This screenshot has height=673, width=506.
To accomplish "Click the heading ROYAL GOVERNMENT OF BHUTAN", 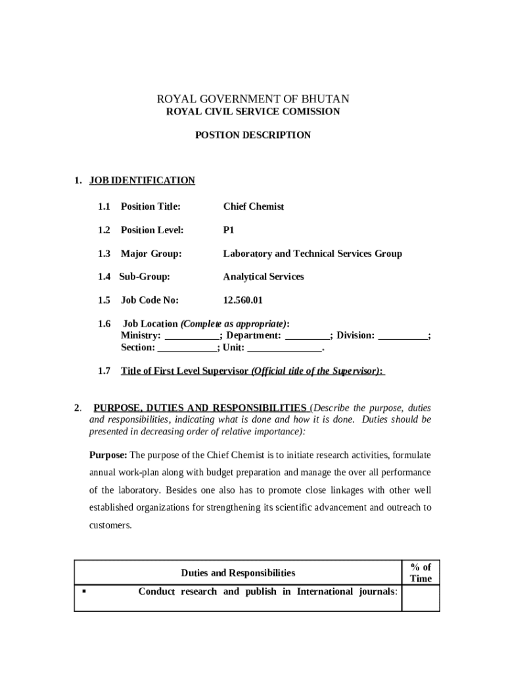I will tap(253, 99).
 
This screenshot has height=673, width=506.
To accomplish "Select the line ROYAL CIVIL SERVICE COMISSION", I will tap(253, 112).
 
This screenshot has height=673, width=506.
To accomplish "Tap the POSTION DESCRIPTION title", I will tap(253, 135).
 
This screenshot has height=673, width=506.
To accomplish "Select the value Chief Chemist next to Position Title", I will tap(254, 206).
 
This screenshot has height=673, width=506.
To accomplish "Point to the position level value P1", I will tap(229, 230).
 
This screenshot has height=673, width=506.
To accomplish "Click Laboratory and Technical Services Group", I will tap(312, 254).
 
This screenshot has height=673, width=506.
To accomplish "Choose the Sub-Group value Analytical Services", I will tap(264, 277).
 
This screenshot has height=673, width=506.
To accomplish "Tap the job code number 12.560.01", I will tap(242, 300).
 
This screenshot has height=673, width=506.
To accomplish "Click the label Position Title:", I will tap(150, 206).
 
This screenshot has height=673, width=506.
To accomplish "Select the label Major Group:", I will tap(150, 254).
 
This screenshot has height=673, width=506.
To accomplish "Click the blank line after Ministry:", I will tap(191, 337).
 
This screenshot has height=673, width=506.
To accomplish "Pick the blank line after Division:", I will tap(403, 337).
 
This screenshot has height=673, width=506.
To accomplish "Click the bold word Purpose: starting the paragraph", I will tap(108, 455).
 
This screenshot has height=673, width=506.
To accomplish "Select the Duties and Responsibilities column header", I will tap(238, 573).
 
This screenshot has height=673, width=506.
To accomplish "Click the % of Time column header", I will tap(421, 573).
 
